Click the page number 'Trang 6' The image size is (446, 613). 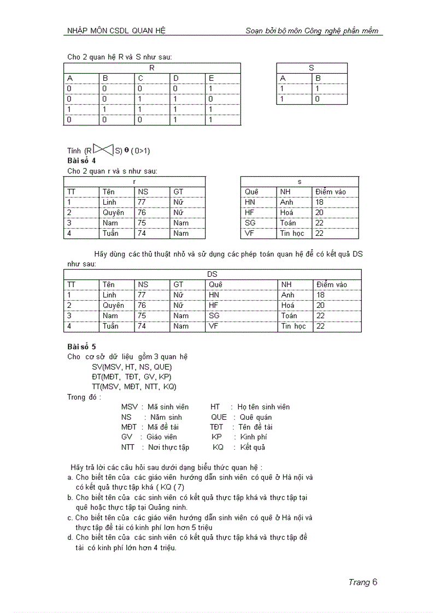pyautogui.click(x=363, y=582)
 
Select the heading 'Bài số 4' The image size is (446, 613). pyautogui.click(x=81, y=161)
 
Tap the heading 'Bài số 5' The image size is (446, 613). pyautogui.click(x=81, y=347)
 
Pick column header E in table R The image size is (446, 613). pyautogui.click(x=211, y=78)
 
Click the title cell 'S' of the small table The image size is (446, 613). pyautogui.click(x=311, y=68)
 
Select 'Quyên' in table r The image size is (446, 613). pyautogui.click(x=113, y=212)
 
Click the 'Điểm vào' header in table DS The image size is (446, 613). pyautogui.click(x=331, y=284)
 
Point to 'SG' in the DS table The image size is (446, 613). pyautogui.click(x=214, y=316)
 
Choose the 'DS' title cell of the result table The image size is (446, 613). pyautogui.click(x=212, y=274)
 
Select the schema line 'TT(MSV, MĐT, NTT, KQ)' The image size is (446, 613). pyautogui.click(x=134, y=386)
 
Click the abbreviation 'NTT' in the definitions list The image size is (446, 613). pyautogui.click(x=128, y=447)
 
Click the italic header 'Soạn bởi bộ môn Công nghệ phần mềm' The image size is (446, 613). pyautogui.click(x=312, y=31)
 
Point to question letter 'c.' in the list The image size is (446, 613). pyautogui.click(x=71, y=517)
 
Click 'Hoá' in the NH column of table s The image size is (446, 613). pyautogui.click(x=286, y=212)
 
